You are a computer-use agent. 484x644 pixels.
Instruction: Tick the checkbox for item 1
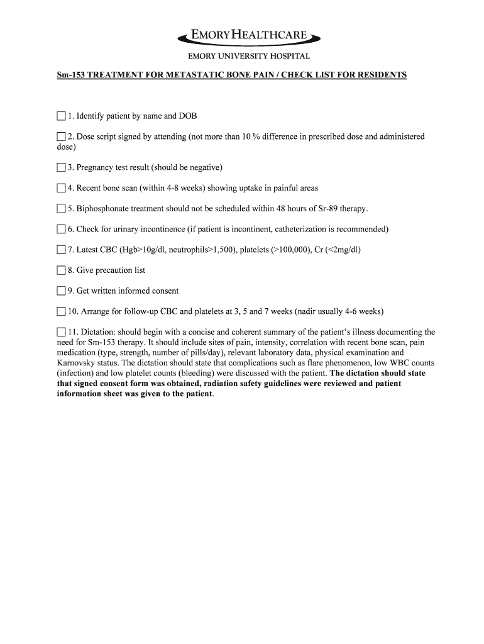click(x=61, y=116)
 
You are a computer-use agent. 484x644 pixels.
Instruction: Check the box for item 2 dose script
click(x=61, y=136)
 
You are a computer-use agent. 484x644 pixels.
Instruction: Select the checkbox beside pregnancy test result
click(x=61, y=167)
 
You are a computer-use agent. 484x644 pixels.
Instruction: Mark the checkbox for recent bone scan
click(x=61, y=188)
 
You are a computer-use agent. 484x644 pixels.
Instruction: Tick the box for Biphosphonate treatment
click(x=61, y=209)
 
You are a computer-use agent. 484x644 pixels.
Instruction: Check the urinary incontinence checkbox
click(x=61, y=230)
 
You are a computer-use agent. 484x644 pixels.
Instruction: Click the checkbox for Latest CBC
click(x=61, y=250)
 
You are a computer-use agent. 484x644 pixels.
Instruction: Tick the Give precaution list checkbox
click(x=61, y=270)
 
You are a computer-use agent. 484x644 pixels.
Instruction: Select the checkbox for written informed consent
click(x=61, y=291)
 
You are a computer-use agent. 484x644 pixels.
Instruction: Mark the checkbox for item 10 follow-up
click(x=61, y=311)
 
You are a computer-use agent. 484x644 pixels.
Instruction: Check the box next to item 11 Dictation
click(x=61, y=332)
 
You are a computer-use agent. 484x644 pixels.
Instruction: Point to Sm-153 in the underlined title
click(x=70, y=75)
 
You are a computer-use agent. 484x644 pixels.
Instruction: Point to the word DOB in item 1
click(x=188, y=116)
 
